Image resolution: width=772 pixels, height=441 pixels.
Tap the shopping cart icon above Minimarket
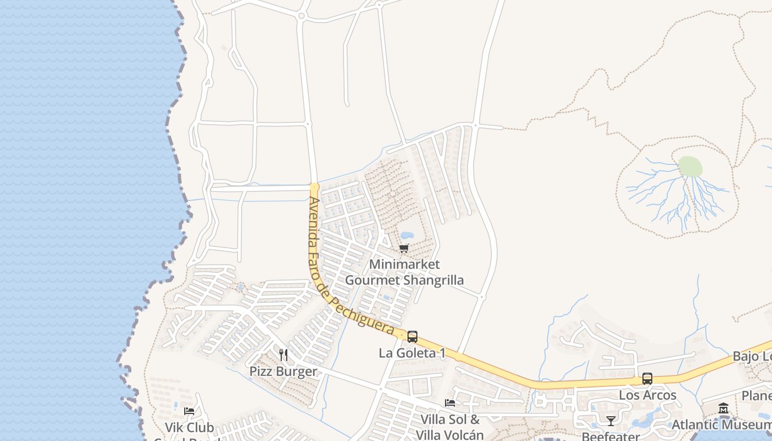(x=404, y=249)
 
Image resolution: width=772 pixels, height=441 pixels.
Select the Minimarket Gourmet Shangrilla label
(x=404, y=272)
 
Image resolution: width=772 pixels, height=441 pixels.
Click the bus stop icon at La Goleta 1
(x=412, y=337)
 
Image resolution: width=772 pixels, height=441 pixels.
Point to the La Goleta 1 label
(x=412, y=353)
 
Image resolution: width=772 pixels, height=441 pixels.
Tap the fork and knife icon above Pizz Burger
(x=283, y=354)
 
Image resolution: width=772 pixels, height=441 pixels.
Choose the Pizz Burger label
(x=283, y=371)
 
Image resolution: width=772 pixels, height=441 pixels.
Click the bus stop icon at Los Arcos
(x=647, y=379)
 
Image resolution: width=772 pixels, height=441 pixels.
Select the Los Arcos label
(x=647, y=395)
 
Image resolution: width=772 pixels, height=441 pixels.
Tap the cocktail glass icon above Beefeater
(x=611, y=421)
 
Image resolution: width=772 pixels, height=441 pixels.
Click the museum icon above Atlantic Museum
(x=723, y=408)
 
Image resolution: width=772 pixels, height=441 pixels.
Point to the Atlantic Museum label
(x=721, y=425)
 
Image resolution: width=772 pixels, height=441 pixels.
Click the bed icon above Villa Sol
(x=450, y=403)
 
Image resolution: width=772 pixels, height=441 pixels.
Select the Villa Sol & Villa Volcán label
(x=450, y=427)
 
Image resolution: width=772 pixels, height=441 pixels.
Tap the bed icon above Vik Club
(x=189, y=411)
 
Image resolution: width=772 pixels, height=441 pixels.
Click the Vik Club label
(x=189, y=427)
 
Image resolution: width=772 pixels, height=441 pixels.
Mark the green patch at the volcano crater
(x=690, y=166)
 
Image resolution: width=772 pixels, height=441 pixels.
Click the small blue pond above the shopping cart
(x=407, y=236)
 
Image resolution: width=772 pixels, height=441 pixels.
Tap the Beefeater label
(x=611, y=437)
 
